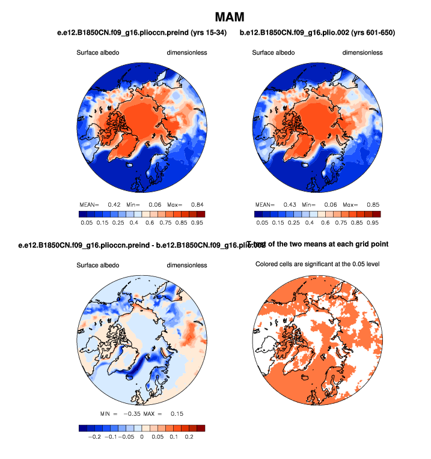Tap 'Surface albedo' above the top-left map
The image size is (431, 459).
(98, 53)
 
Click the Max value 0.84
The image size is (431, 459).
(197, 204)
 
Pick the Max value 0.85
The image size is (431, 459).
(372, 204)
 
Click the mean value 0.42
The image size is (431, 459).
(114, 204)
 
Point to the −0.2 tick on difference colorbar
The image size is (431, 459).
(93, 438)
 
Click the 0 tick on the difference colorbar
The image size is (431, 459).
(141, 438)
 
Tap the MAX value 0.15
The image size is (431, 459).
(176, 414)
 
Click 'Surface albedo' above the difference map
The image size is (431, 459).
(98, 266)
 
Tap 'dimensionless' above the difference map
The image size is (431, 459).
(187, 266)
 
